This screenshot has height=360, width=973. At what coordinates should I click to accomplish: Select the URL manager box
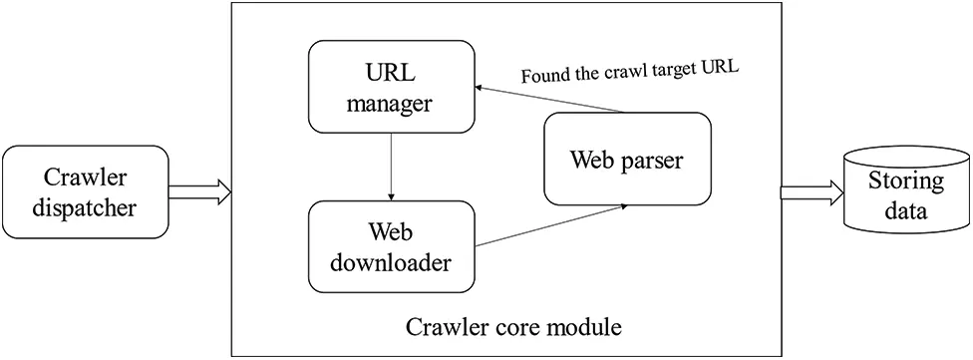tap(391, 87)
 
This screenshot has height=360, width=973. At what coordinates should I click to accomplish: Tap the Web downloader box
tap(391, 247)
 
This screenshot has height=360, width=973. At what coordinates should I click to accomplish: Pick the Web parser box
tap(627, 160)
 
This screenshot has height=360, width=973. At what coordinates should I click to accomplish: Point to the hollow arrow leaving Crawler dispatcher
tap(198, 192)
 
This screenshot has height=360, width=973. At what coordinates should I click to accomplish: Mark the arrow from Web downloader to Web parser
tap(550, 224)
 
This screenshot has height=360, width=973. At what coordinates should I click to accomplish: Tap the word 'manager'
tap(391, 102)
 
